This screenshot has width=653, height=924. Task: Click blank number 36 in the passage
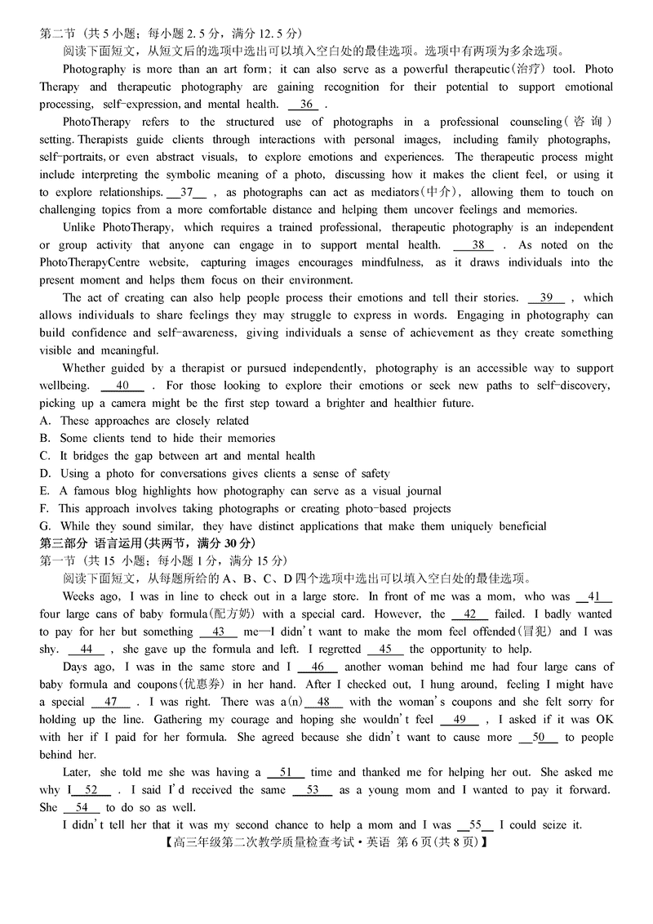click(x=307, y=105)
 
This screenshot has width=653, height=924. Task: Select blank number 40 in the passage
click(x=122, y=386)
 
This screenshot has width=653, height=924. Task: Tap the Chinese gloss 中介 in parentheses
click(x=439, y=193)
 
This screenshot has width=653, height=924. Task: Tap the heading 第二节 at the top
click(x=57, y=33)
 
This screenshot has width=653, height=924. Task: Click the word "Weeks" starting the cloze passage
click(x=79, y=597)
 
